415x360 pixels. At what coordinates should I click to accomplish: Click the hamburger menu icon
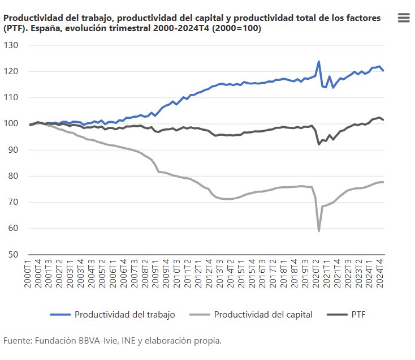[404, 18]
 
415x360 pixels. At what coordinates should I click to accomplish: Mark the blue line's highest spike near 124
[319, 61]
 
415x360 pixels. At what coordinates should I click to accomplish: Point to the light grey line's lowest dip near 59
[319, 231]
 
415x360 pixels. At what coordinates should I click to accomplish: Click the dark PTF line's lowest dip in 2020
[319, 144]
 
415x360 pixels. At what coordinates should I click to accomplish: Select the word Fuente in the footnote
[17, 340]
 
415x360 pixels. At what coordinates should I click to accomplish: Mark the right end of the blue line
[384, 71]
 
